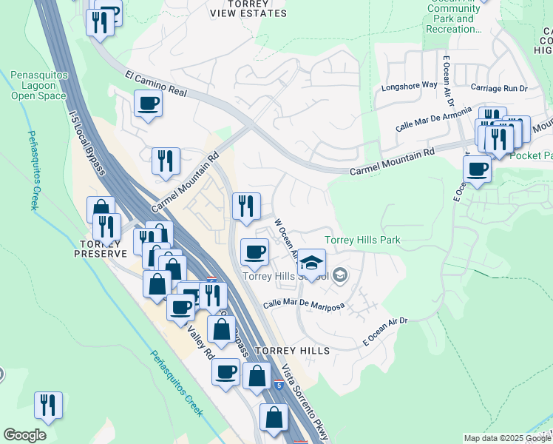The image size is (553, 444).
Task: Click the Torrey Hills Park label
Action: (363, 240)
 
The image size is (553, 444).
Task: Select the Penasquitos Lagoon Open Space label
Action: (39, 86)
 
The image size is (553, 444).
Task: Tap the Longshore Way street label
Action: (409, 85)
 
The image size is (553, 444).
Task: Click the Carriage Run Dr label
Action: (498, 87)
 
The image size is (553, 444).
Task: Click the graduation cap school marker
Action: (312, 262)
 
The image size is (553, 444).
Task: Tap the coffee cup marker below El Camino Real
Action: (149, 104)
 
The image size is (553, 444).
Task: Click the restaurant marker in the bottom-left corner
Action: (48, 405)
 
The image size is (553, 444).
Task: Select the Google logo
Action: (24, 435)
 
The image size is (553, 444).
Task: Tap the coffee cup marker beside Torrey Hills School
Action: (254, 252)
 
